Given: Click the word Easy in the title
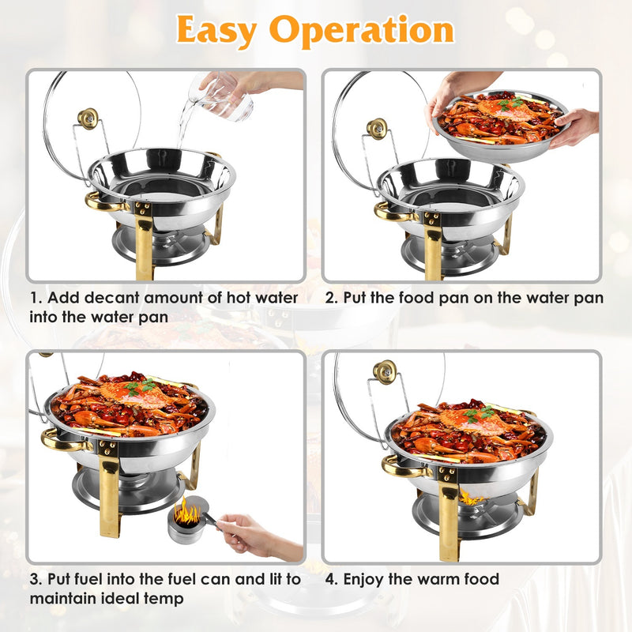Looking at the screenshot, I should (x=218, y=31).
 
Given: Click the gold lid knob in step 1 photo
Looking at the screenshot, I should (x=88, y=118).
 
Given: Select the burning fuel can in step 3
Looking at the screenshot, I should (x=187, y=521).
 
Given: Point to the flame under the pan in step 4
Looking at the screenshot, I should (x=472, y=498).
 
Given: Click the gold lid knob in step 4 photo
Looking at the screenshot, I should (x=385, y=371).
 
